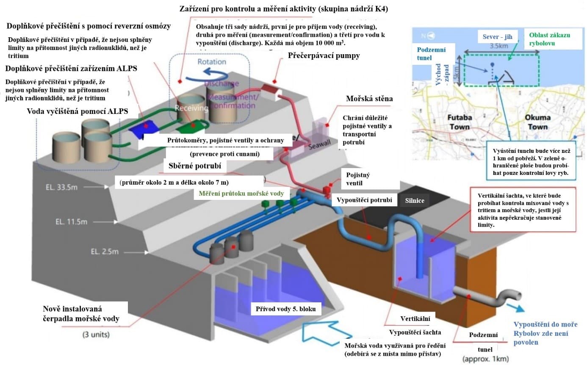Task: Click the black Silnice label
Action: [x=414, y=201]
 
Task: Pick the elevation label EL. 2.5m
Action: [x=104, y=252]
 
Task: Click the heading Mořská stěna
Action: [x=369, y=99]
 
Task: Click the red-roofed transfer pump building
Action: [x=271, y=89]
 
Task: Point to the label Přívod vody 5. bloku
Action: [x=286, y=309]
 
